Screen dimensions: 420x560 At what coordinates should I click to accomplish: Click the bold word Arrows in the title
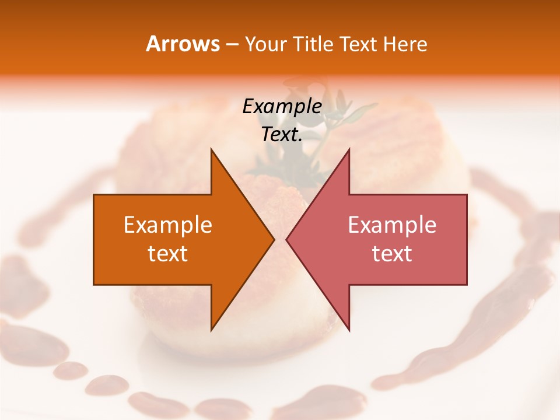182,44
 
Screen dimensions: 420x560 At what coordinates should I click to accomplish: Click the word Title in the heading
311,44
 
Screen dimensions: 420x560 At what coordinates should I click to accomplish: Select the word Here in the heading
405,44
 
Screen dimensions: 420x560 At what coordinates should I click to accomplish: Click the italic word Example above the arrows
282,106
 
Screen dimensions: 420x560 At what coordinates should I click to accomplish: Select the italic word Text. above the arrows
282,135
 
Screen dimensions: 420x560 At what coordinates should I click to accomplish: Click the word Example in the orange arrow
168,225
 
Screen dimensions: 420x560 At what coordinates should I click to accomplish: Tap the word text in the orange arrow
168,254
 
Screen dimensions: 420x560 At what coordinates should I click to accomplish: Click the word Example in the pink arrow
392,225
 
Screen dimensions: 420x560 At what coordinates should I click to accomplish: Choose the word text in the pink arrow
392,254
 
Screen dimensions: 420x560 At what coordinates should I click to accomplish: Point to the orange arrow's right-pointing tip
273,239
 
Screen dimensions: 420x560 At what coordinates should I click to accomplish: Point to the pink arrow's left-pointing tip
287,239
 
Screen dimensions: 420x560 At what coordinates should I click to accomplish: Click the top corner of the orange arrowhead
211,150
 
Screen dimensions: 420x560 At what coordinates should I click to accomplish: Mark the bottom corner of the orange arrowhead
211,330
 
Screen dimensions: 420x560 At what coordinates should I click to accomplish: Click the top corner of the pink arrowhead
349,150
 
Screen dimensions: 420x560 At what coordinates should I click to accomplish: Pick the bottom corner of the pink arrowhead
349,330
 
